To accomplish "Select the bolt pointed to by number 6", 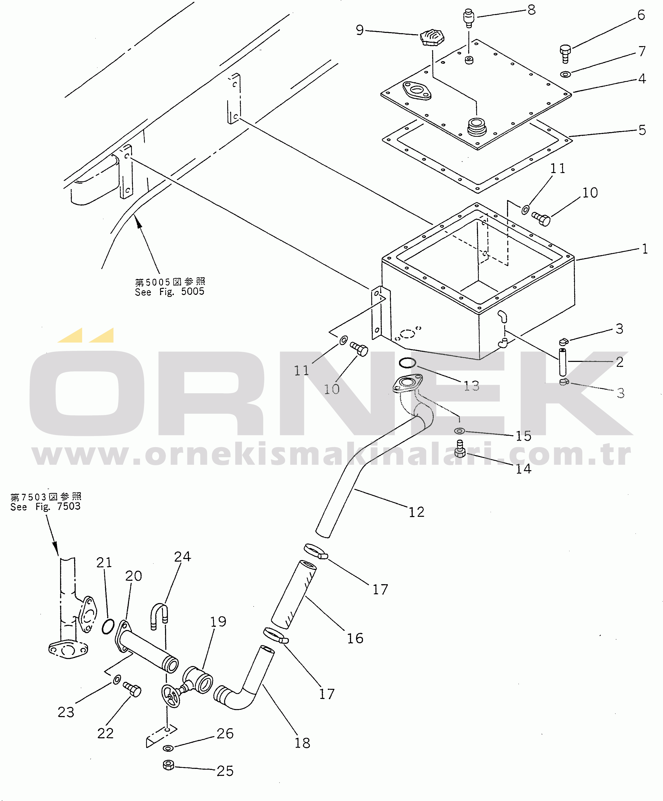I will pos(565,53).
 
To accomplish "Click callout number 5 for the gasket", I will pos(642,130).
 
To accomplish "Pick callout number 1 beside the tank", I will pos(645,249).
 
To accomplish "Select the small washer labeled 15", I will pos(460,431).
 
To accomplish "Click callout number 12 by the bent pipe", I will pos(416,512).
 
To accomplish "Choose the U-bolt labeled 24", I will pos(160,616).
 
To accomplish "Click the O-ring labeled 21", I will pos(108,626).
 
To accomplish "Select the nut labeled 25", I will pos(168,765).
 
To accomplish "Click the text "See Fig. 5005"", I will pos(169,292).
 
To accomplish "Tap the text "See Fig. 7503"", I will pos(45,506).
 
